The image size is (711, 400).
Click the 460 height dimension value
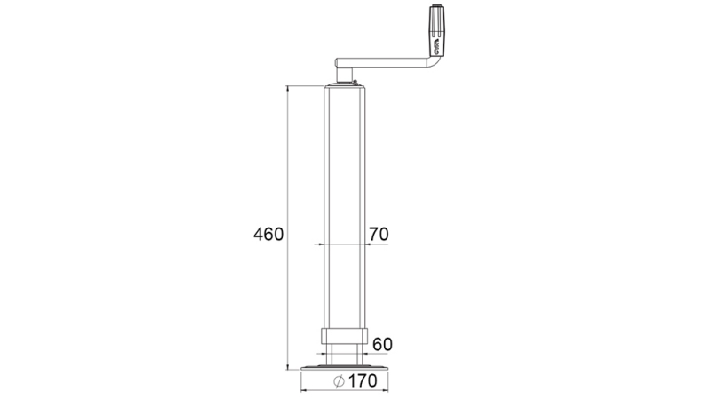click(268, 235)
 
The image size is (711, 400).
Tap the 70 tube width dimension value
click(378, 235)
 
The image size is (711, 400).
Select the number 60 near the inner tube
click(382, 344)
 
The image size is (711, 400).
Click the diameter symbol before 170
click(339, 382)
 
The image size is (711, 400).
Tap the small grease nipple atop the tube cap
click(354, 82)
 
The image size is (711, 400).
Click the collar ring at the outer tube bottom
click(344, 338)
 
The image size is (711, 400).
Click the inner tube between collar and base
click(344, 355)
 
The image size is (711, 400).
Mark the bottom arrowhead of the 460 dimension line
click(288, 366)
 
